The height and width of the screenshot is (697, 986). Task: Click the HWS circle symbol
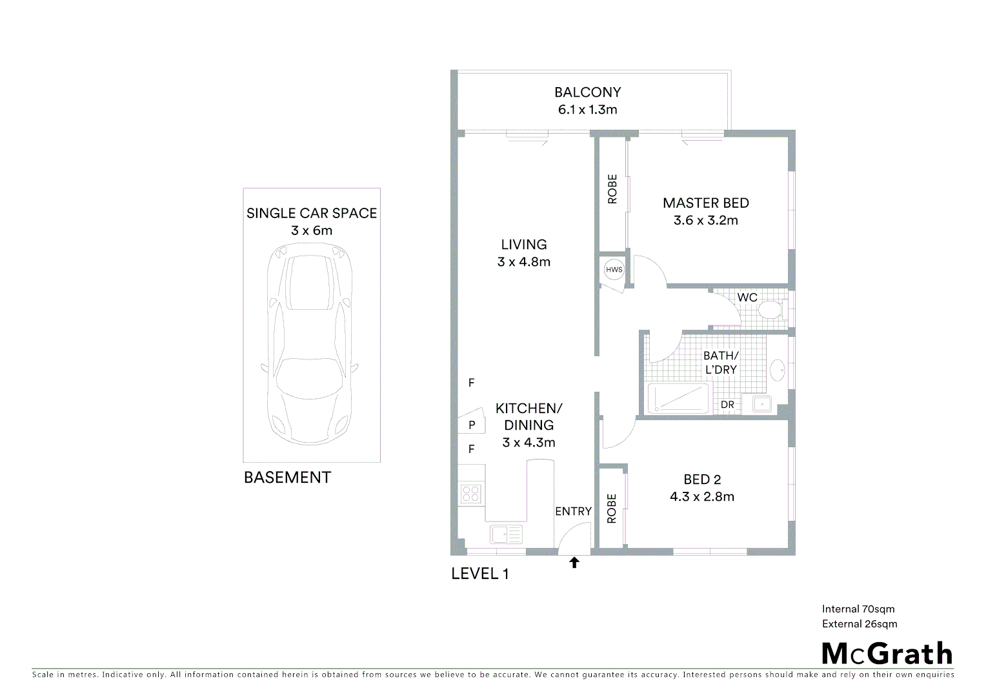point(614,269)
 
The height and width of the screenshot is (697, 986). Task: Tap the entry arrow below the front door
point(574,563)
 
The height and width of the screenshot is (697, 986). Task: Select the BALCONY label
point(587,92)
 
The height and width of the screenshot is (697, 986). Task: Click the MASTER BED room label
point(706,203)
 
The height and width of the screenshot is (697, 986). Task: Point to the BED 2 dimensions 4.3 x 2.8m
point(702,496)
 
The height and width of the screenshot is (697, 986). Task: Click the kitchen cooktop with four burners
point(470,494)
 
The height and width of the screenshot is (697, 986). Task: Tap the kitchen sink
point(507,534)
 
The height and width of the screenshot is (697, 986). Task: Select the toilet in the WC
point(769,310)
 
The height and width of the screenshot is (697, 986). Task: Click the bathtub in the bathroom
point(678,398)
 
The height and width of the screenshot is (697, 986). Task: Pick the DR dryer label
point(727,405)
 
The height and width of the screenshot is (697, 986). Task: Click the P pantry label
point(472,425)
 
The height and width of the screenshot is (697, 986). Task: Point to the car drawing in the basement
point(311,342)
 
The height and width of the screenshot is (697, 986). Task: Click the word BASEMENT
point(287,478)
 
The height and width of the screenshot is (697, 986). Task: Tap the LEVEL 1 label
point(479,574)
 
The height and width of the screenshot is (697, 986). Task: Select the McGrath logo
point(887,654)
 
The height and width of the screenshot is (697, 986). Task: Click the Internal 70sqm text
point(858,609)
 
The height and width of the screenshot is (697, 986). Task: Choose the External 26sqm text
point(860,623)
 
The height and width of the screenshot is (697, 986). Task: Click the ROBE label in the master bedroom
point(612,189)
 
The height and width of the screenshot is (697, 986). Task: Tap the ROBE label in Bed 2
point(612,509)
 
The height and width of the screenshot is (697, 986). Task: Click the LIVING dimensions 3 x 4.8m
point(524,261)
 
